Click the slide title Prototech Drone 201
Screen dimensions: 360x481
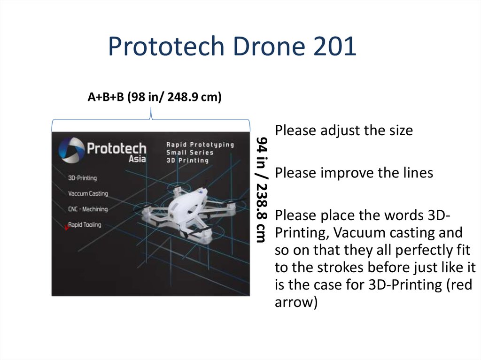pyautogui.click(x=232, y=47)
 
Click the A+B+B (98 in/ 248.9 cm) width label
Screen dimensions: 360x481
pyautogui.click(x=154, y=97)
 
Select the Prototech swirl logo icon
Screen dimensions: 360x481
pyautogui.click(x=70, y=150)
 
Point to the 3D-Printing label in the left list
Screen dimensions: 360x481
pyautogui.click(x=82, y=178)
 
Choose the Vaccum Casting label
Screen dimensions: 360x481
pyautogui.click(x=88, y=193)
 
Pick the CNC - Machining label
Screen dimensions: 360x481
pyautogui.click(x=88, y=209)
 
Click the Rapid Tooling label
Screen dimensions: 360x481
pyautogui.click(x=85, y=225)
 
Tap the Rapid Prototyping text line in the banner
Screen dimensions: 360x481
pyautogui.click(x=200, y=145)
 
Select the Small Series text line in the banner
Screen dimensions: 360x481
pyautogui.click(x=190, y=153)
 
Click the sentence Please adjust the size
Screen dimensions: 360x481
pyautogui.click(x=344, y=130)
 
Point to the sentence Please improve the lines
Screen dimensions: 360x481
pyautogui.click(x=354, y=173)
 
